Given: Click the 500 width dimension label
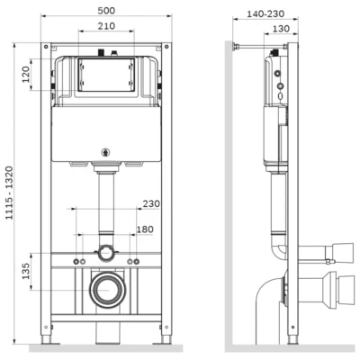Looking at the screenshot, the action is pyautogui.click(x=106, y=11).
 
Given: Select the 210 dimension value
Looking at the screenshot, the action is pyautogui.click(x=106, y=26).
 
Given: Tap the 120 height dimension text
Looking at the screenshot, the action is pyautogui.click(x=26, y=75).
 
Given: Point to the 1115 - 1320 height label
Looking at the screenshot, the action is pyautogui.click(x=10, y=193).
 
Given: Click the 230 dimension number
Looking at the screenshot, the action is pyautogui.click(x=151, y=203).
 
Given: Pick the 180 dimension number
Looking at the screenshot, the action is pyautogui.click(x=145, y=229).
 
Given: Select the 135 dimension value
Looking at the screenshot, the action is pyautogui.click(x=26, y=271).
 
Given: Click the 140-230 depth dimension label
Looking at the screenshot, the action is pyautogui.click(x=265, y=13).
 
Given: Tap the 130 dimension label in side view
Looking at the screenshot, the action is pyautogui.click(x=281, y=29).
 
